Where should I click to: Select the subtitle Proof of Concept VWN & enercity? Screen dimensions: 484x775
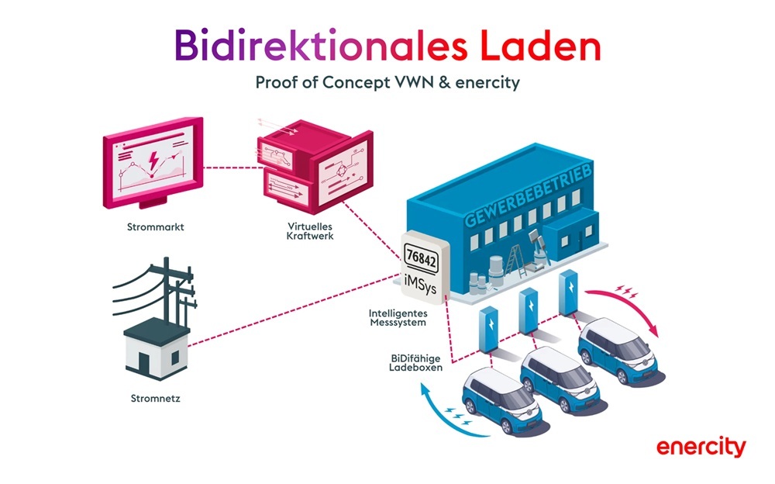pos(387,83)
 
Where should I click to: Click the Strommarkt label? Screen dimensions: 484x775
pos(152,228)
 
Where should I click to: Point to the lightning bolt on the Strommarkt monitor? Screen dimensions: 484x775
pos(154,159)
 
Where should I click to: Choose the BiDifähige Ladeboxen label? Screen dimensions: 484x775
pos(416,363)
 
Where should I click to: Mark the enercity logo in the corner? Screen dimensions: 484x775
pos(701,448)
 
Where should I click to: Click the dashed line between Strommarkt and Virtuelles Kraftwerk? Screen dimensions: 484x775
pos(230,164)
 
